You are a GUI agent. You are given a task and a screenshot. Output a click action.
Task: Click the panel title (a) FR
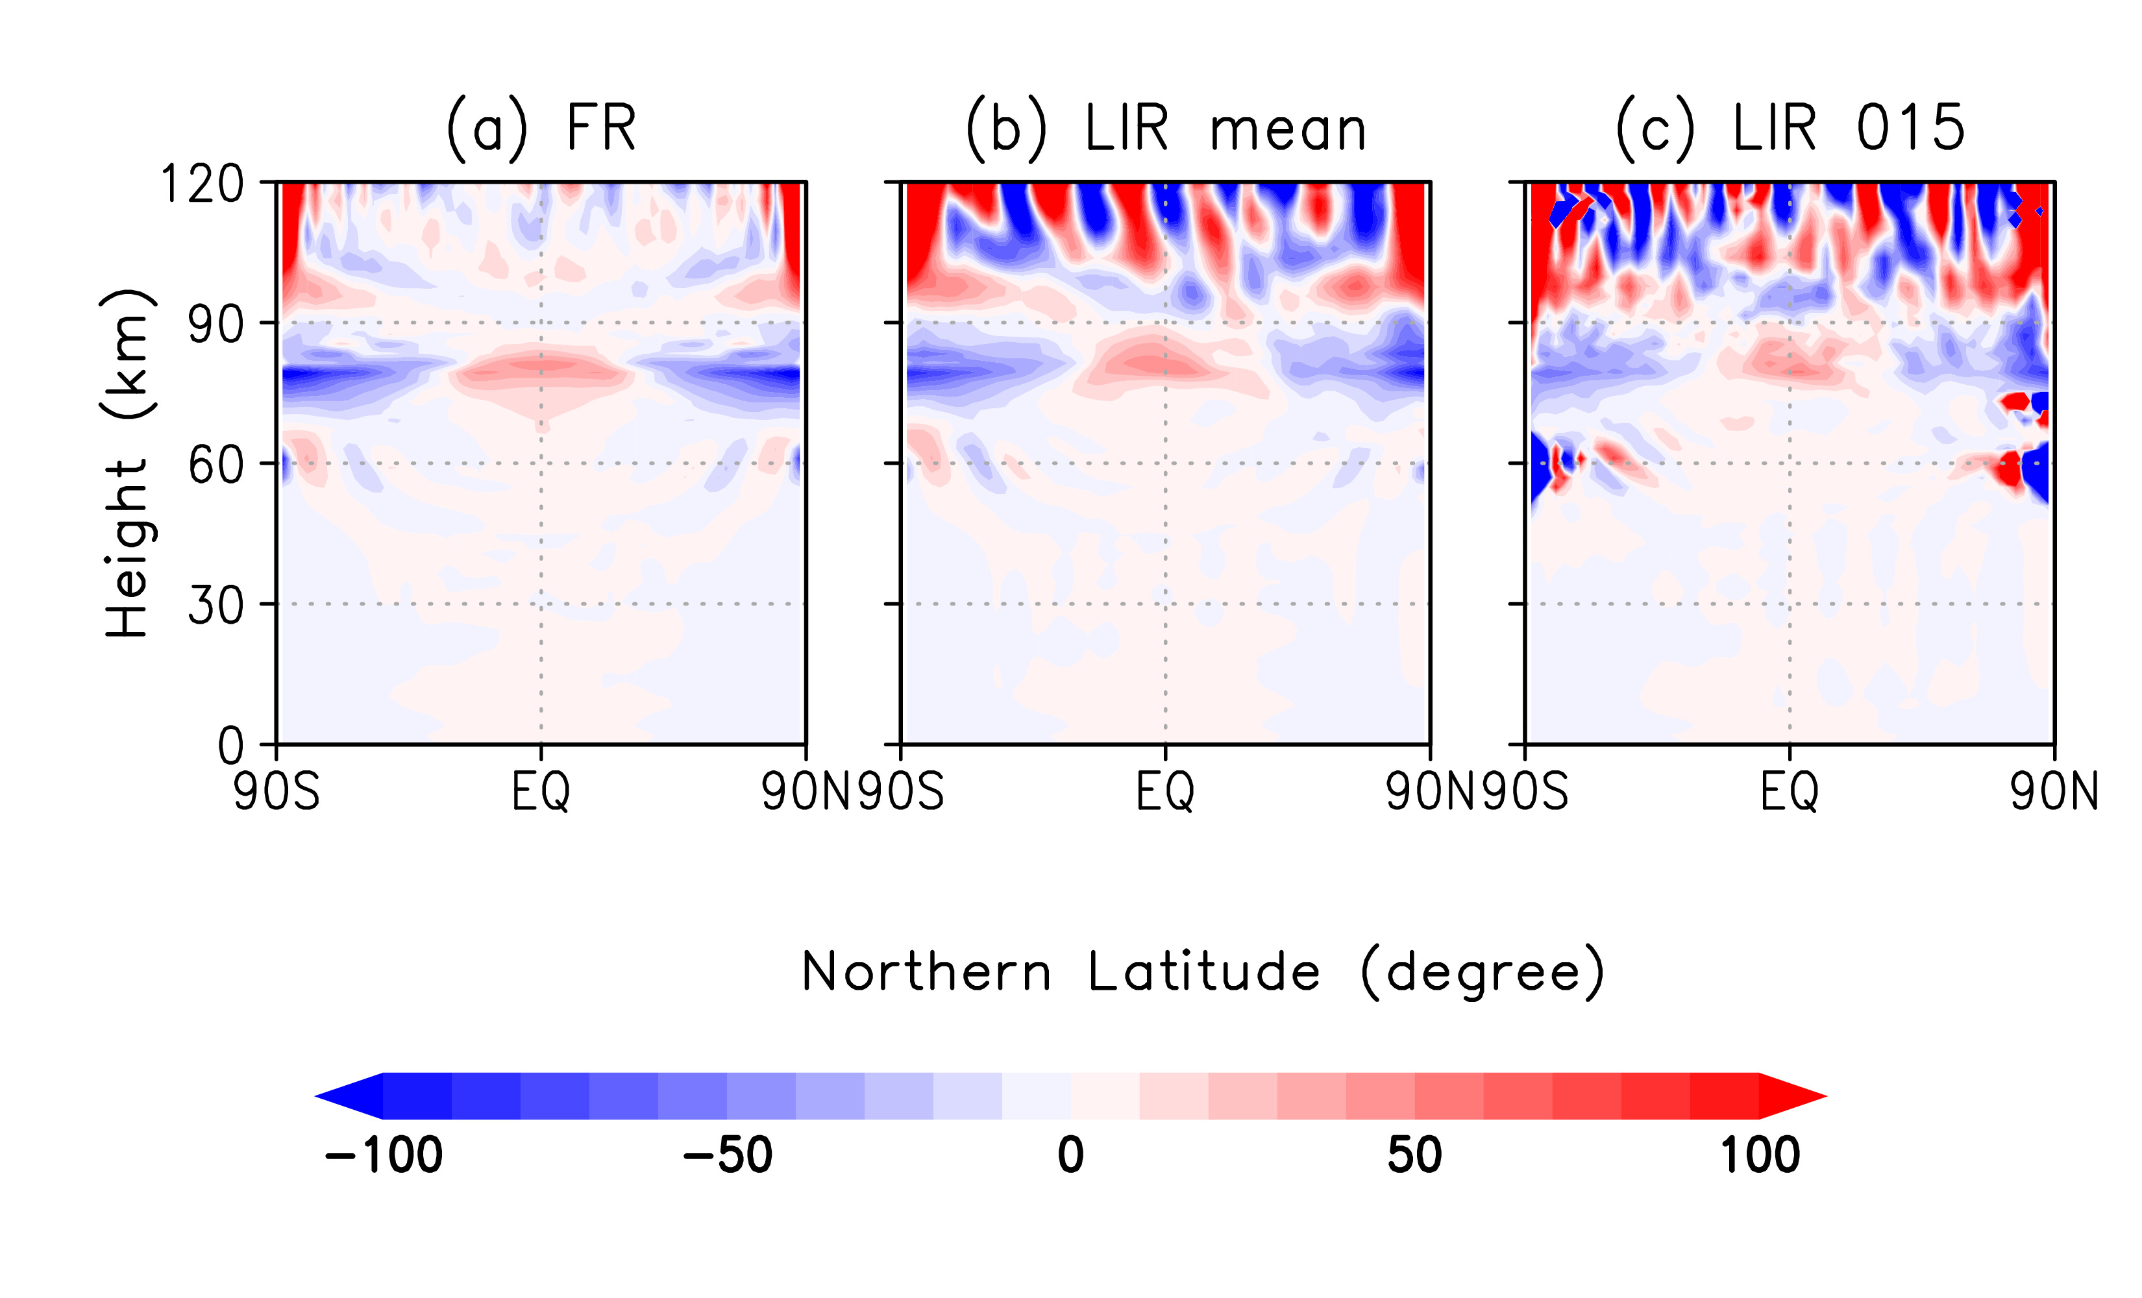point(541,129)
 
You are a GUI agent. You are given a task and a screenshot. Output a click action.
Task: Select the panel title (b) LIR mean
point(1166,129)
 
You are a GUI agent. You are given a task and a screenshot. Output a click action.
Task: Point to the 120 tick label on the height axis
point(203,184)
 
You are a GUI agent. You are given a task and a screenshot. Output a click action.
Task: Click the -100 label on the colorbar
point(384,1155)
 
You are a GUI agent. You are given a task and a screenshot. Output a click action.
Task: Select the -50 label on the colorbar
point(727,1155)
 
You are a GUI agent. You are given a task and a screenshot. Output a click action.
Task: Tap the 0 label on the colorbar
point(1071,1155)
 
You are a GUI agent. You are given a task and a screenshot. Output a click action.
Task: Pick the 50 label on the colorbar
point(1414,1155)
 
